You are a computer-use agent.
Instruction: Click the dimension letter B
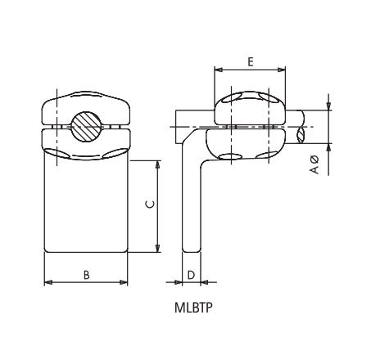[x=87, y=275]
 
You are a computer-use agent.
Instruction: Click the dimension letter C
[x=147, y=205]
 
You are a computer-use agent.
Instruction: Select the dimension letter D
[x=190, y=275]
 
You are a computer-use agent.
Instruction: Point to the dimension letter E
[x=251, y=61]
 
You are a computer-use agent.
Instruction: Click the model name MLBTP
[x=192, y=310]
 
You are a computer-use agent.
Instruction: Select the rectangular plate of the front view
[x=86, y=205]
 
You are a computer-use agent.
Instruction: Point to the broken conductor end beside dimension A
[x=304, y=126]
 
